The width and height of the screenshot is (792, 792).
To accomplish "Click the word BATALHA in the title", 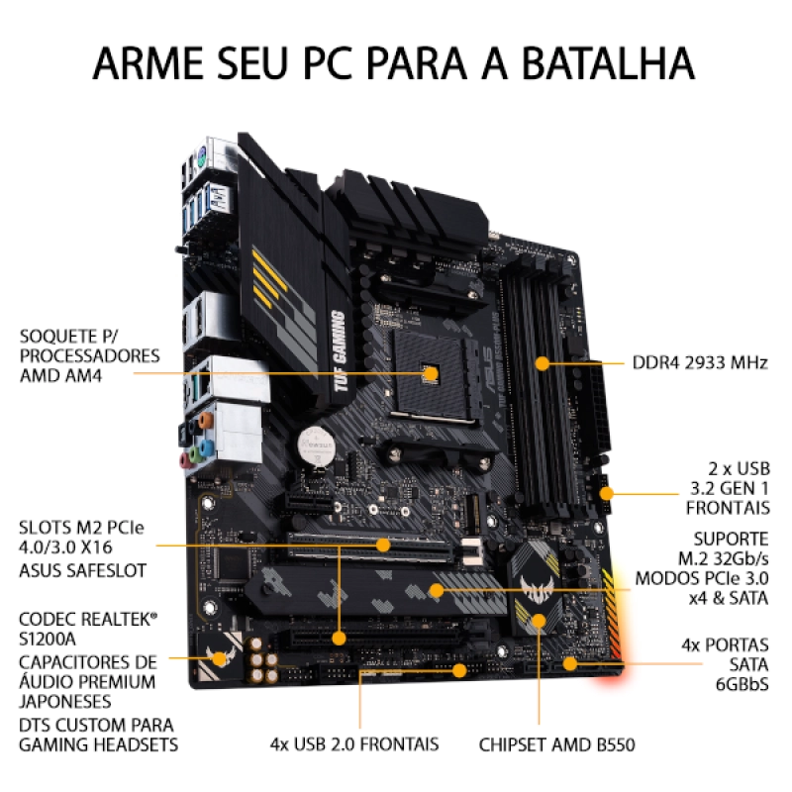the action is pos(608,63).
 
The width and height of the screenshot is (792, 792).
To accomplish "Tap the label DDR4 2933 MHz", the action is pos(700,362).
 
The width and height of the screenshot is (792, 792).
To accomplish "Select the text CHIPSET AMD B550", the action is pos(556,744).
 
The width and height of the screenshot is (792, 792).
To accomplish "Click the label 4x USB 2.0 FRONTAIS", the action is pos(354,744).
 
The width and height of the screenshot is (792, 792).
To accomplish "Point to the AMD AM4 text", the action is pos(60,376).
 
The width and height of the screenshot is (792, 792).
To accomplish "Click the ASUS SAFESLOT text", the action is pos(82,571).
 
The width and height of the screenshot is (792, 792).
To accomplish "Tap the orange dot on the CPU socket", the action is pos(431,374).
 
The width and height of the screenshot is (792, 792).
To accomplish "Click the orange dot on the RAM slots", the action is pos(542,363).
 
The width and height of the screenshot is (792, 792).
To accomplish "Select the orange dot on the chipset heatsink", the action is pos(539,621).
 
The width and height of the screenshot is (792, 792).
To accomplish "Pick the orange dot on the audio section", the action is pos(219,658).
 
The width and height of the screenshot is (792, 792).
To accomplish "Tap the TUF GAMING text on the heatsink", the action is pos(340,351).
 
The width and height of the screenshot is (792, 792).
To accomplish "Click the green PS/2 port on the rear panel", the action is pos(201,156).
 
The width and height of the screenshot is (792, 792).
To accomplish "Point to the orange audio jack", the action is pos(206,420).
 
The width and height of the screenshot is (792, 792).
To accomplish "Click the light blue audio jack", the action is pos(207,447).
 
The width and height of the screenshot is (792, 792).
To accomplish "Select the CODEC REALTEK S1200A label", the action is pos(88,629).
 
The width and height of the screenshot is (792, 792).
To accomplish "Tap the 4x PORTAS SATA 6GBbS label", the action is pos(725,664).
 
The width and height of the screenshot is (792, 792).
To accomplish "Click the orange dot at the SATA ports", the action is pos(570,663).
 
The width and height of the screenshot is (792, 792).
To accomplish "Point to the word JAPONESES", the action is pos(64,702).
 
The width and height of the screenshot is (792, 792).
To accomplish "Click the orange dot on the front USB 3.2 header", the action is pos(606,493).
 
